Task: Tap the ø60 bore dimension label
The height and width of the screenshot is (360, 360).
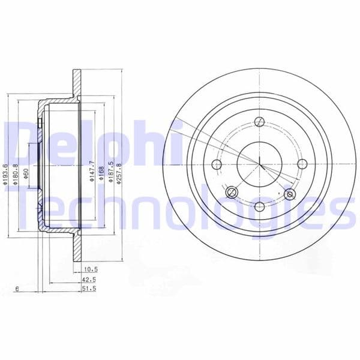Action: (x=26, y=173)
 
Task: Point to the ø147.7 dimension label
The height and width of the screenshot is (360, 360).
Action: (x=91, y=170)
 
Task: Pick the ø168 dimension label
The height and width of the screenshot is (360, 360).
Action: (x=101, y=173)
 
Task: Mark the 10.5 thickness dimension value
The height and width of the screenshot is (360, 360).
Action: (x=91, y=271)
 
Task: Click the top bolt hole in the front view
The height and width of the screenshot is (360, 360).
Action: (x=259, y=121)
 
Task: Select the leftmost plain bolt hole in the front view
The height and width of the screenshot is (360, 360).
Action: (x=217, y=164)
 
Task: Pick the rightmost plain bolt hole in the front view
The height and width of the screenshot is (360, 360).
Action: (x=302, y=164)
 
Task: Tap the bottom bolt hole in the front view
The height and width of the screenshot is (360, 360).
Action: (x=260, y=206)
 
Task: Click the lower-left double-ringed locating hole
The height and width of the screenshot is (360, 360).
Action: (x=232, y=193)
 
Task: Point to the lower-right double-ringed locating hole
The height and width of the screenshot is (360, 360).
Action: (x=290, y=194)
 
